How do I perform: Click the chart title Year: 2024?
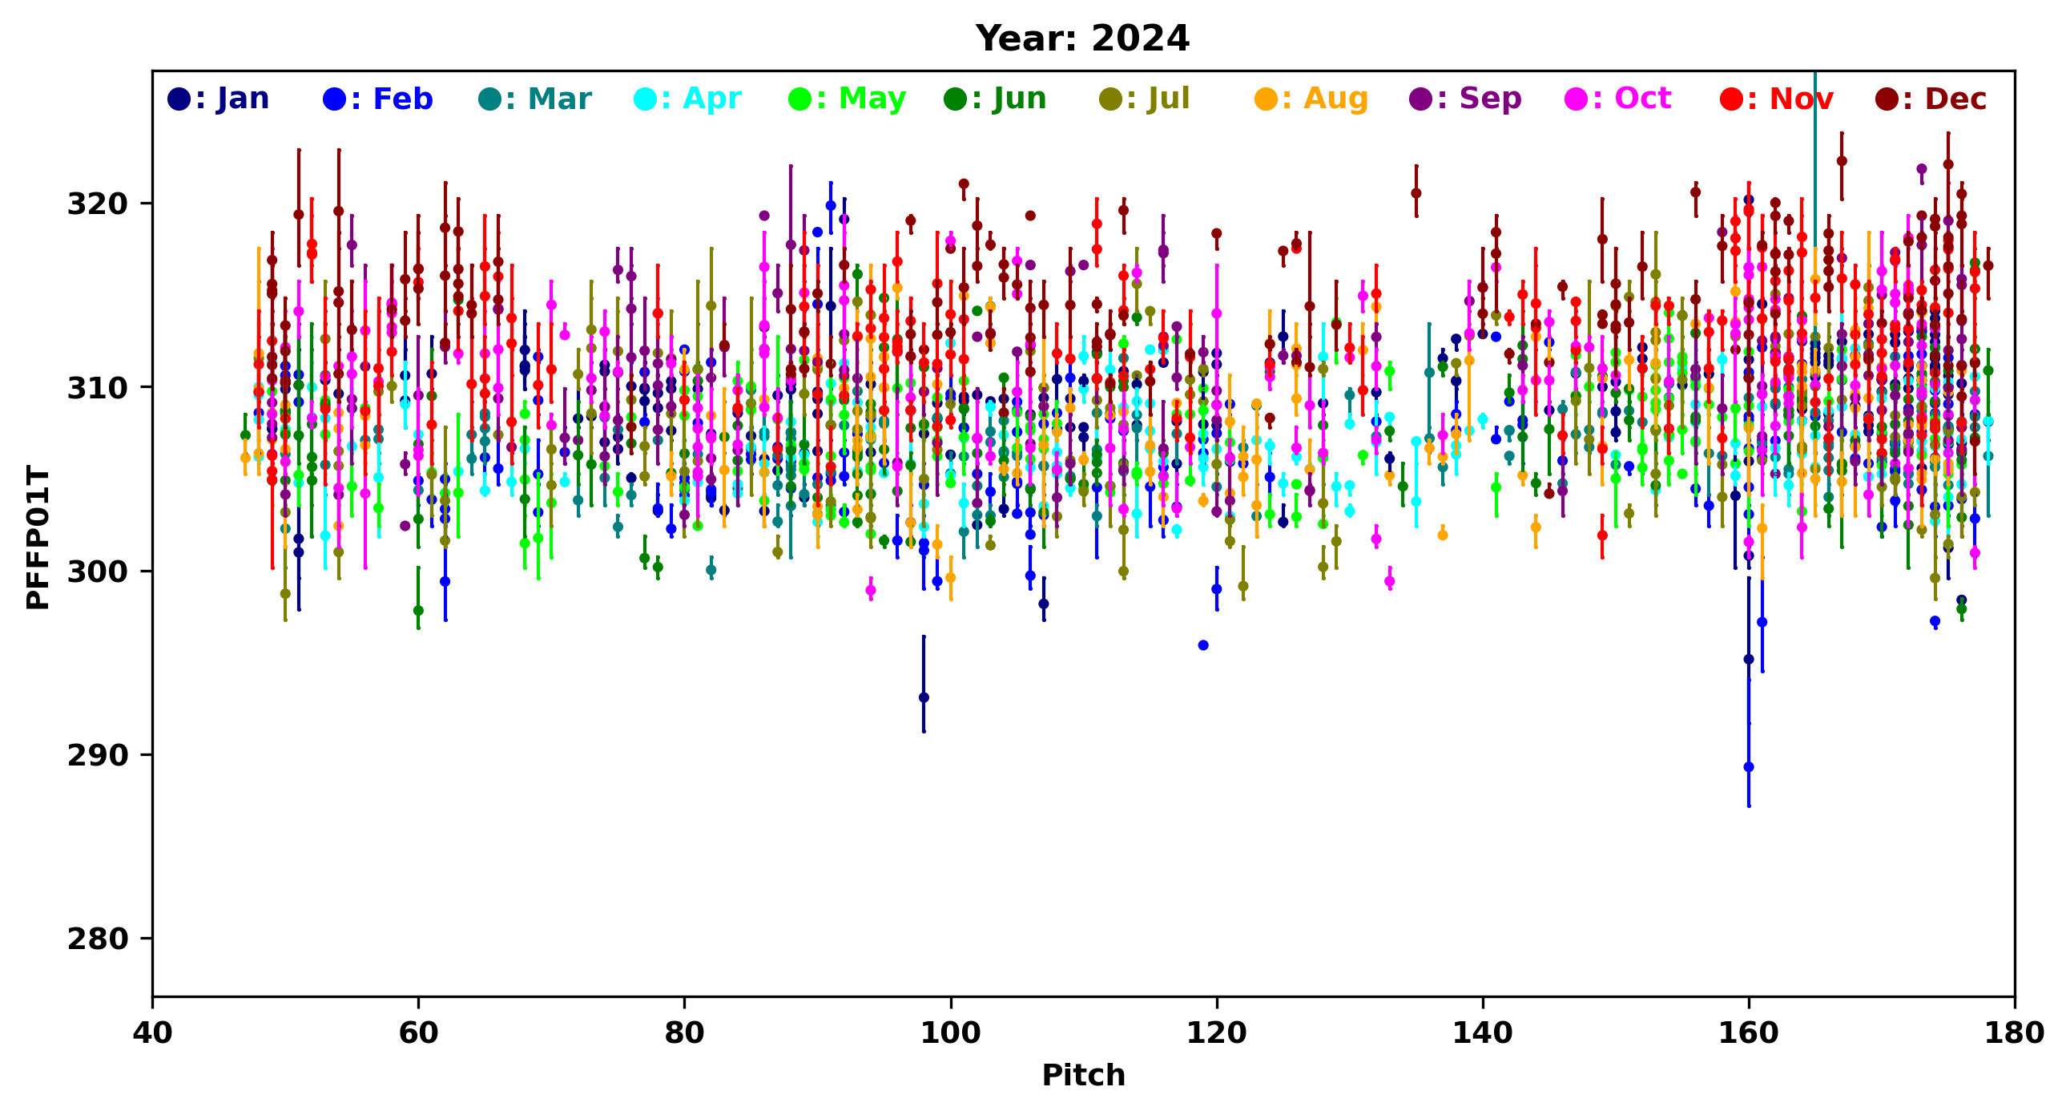tap(1081, 38)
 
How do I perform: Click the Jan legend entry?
tap(219, 99)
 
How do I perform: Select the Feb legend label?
tap(377, 99)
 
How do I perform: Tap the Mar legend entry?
tap(534, 99)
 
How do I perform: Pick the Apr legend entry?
tap(688, 99)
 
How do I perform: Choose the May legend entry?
tap(847, 99)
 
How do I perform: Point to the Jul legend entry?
tap(1144, 99)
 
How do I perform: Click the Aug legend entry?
tap(1311, 99)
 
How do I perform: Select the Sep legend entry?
tap(1466, 99)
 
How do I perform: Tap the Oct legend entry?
tap(1618, 99)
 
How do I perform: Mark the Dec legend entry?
tap(1931, 99)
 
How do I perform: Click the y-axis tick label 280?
tap(97, 939)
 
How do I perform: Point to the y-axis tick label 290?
tap(97, 756)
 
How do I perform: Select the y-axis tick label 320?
tap(97, 204)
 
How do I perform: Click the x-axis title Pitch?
tap(1082, 1076)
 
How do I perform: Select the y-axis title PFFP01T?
tap(37, 536)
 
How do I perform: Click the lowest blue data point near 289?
tap(1749, 767)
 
